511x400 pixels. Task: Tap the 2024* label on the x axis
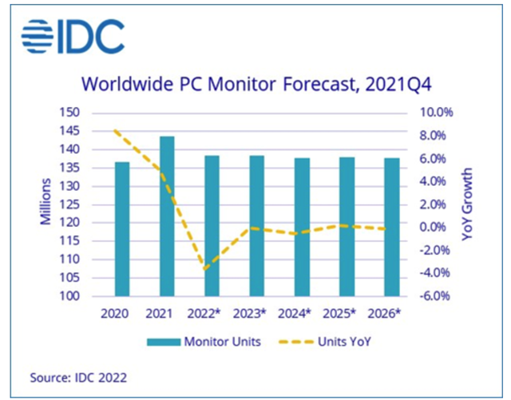point(303,314)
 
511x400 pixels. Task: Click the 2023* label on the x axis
point(257,314)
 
